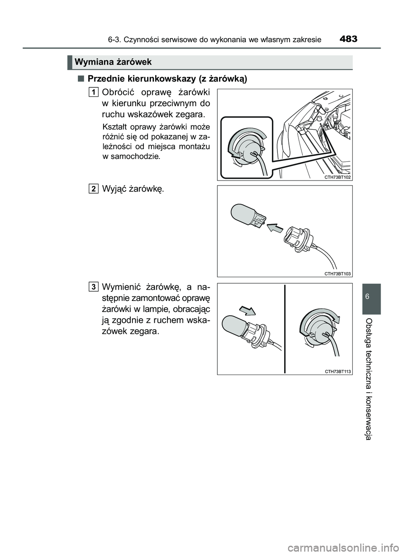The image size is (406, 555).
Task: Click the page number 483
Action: (x=348, y=40)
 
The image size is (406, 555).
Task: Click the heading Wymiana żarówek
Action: (x=113, y=63)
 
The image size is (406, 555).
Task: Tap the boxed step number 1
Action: (x=94, y=91)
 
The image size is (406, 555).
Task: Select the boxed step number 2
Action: (x=94, y=189)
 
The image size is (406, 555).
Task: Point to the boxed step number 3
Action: (x=94, y=287)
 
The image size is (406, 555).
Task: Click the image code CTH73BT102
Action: (x=338, y=177)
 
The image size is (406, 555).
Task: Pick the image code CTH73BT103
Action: (x=338, y=274)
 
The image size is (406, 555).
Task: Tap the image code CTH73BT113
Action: (x=338, y=371)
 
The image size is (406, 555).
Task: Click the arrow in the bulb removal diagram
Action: (x=274, y=229)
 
